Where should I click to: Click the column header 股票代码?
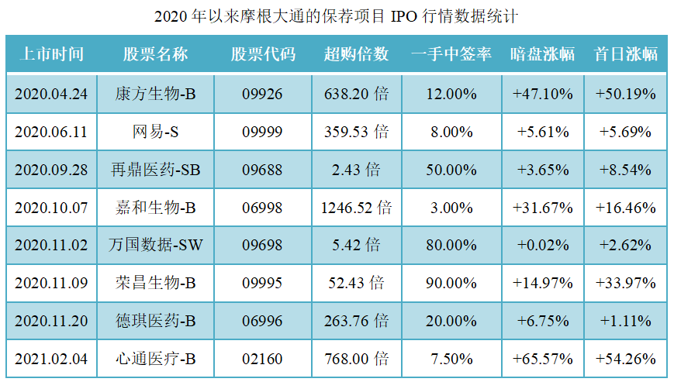262,54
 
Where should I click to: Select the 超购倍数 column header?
356,54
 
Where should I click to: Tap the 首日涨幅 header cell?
625,54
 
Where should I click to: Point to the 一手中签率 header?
452,54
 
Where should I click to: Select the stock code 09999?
262,132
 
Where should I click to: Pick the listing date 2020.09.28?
51,170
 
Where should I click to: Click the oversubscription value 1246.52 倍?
356,208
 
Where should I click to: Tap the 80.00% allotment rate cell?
452,246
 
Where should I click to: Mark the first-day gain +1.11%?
625,321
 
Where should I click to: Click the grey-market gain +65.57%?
543,359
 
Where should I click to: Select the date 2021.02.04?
51,359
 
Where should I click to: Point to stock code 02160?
262,359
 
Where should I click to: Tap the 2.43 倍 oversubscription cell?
356,170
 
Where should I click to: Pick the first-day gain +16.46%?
625,208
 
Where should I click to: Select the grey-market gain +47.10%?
543,94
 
